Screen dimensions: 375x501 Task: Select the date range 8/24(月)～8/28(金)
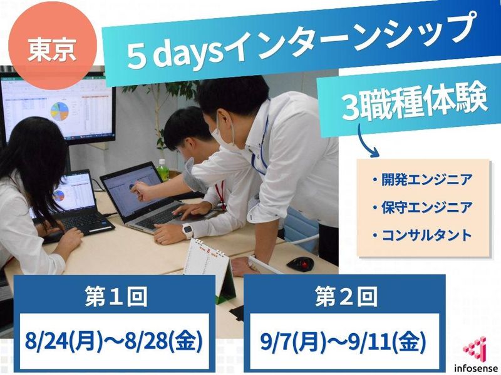click(x=114, y=342)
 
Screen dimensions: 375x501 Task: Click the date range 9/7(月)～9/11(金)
click(x=344, y=342)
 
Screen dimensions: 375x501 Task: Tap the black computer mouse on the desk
click(x=300, y=263)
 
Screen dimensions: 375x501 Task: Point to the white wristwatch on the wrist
click(x=187, y=231)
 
